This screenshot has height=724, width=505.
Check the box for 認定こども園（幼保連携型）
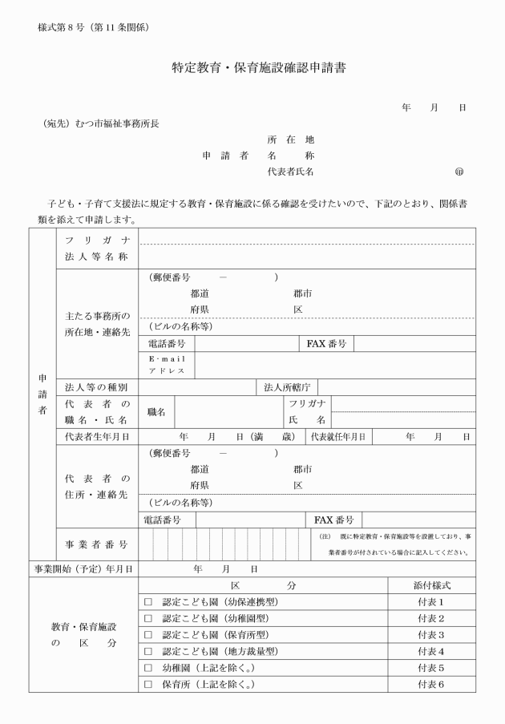(147, 601)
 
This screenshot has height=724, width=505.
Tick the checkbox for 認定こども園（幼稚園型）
(147, 618)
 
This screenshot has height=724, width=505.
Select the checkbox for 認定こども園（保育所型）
(147, 635)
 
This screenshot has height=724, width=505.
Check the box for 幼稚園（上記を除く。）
(147, 668)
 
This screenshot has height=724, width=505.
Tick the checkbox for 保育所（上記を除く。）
(147, 685)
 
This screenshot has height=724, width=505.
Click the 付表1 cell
(430, 601)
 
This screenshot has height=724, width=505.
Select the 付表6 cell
(430, 685)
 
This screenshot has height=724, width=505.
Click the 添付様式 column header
(430, 585)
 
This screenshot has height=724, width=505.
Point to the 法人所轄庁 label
(286, 387)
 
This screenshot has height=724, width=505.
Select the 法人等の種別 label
(96, 387)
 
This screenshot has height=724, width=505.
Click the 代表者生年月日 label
(97, 437)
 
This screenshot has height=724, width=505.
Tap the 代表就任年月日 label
(338, 437)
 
